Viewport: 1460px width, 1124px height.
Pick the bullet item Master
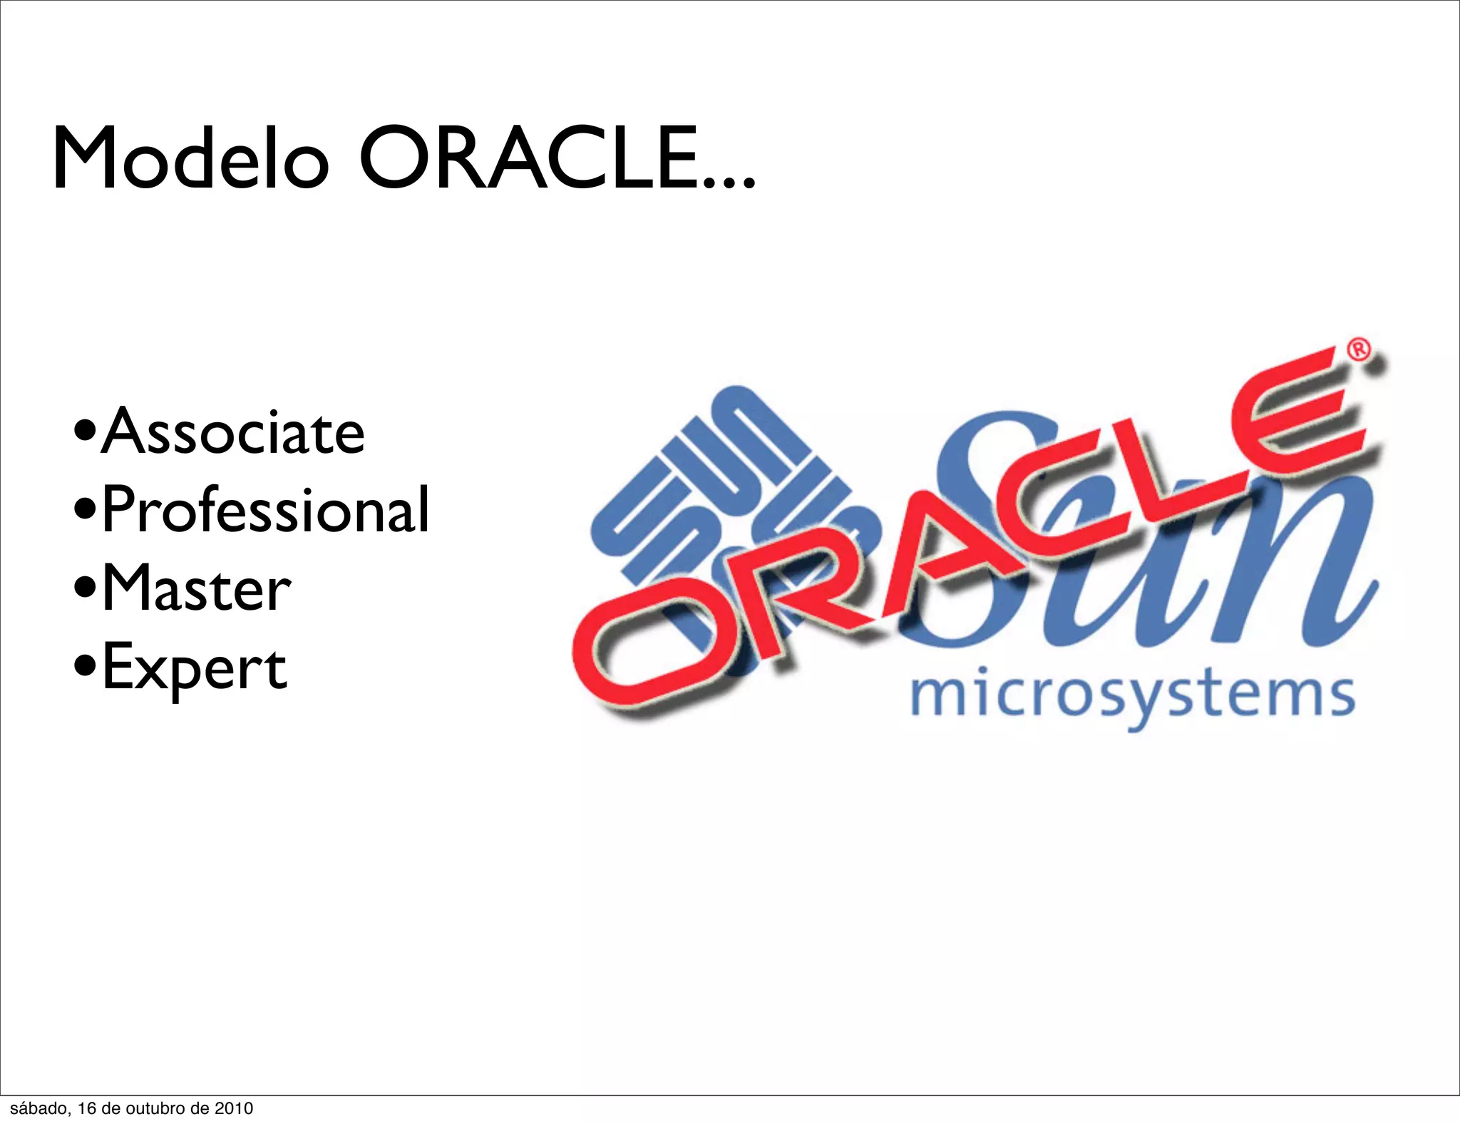pos(196,588)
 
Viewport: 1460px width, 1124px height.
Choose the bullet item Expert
pos(194,667)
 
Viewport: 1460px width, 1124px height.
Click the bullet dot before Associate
pos(85,432)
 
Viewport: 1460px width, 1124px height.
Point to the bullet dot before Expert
pos(85,668)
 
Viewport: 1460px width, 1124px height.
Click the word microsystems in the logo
pos(1133,695)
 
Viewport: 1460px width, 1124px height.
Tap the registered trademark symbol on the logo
pos(1359,350)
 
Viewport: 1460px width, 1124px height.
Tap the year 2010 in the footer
pos(234,1108)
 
